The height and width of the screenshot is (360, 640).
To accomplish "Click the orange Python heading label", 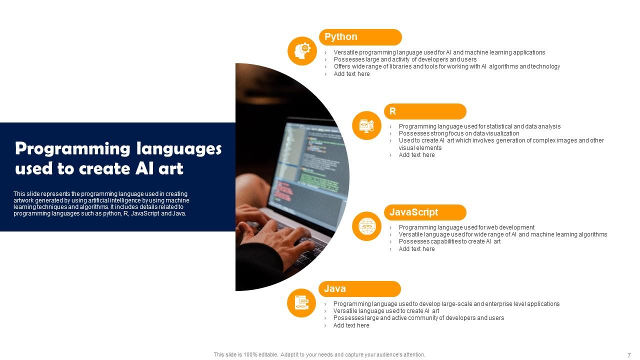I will [360, 37].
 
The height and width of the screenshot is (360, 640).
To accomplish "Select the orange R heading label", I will [424, 111].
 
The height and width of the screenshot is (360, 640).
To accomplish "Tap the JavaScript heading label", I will [424, 212].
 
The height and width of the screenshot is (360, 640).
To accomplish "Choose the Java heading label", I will [359, 289].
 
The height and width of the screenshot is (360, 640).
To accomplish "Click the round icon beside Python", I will [302, 51].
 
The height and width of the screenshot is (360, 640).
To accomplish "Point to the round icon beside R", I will [366, 125].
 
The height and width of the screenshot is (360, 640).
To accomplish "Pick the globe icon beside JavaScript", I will [366, 226].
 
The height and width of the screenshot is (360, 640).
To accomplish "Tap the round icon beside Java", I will [301, 303].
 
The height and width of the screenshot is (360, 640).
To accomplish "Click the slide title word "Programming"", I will [72, 149].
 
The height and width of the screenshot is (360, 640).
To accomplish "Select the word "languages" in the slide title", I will [178, 149].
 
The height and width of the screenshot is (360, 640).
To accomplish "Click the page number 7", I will [629, 355].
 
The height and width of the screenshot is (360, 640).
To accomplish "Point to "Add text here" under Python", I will [351, 74].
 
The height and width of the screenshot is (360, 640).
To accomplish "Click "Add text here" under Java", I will [351, 325].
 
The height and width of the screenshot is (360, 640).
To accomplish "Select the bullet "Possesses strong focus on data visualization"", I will [458, 133].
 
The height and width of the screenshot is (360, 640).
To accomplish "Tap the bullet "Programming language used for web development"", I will [466, 227].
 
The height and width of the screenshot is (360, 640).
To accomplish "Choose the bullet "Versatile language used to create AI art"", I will [386, 311].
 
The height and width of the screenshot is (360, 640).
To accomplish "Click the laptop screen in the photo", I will [310, 165].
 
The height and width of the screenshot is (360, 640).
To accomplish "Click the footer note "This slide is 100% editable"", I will [245, 355].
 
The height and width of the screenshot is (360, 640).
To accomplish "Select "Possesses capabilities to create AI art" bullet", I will [449, 241].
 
